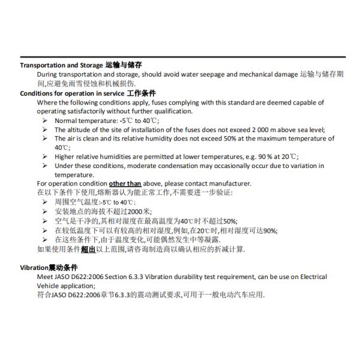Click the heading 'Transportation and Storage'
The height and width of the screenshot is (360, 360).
coord(61,65)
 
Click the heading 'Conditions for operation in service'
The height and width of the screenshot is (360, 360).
coord(72,93)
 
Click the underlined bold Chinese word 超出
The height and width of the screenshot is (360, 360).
coord(88,248)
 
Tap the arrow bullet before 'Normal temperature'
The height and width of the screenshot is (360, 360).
coord(45,121)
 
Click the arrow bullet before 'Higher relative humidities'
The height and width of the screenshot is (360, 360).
coord(45,157)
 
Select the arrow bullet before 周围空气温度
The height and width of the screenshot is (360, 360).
coord(45,203)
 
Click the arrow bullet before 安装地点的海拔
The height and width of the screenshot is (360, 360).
coord(45,212)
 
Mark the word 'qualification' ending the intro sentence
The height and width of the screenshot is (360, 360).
coord(173,111)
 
